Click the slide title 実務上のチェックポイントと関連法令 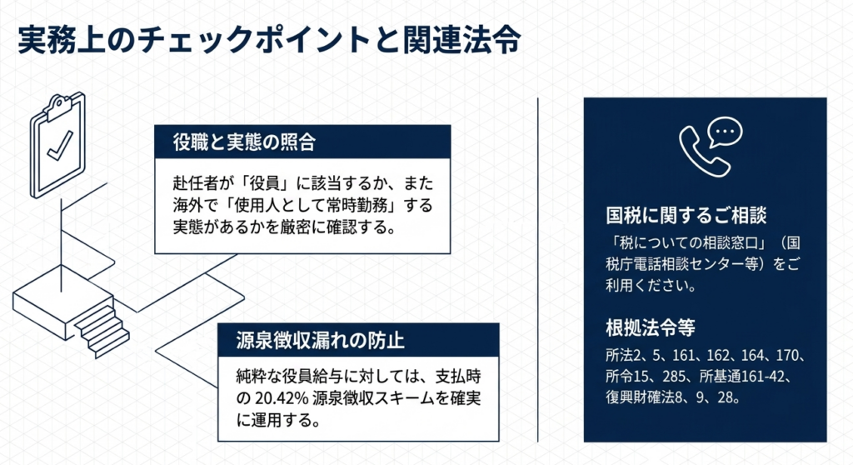click(x=269, y=40)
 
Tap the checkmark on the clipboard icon click(x=60, y=146)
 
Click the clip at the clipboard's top click(x=59, y=105)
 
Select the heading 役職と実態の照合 click(x=244, y=142)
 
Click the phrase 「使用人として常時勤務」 click(x=312, y=205)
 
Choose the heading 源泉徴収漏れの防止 click(x=320, y=340)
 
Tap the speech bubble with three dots click(x=725, y=132)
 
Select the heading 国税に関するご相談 click(x=686, y=216)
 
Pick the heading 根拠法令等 click(x=650, y=327)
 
